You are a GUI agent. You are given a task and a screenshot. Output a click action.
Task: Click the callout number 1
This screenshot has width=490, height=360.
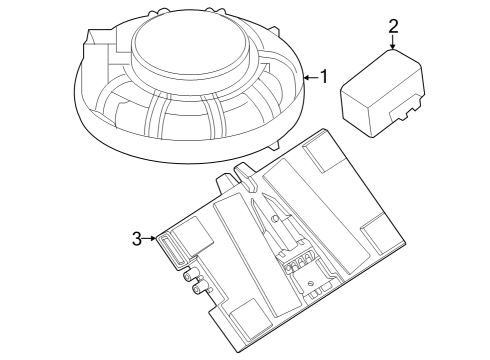point(323,76)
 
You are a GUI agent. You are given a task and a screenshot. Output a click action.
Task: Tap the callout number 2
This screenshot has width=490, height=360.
point(393,26)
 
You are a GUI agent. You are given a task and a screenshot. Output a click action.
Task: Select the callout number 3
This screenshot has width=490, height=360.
point(137,238)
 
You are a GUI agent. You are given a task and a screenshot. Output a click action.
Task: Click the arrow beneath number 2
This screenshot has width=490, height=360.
point(393,42)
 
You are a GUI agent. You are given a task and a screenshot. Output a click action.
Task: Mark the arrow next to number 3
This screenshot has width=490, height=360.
point(152,238)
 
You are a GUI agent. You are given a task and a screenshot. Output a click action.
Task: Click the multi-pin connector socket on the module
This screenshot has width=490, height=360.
point(299,265)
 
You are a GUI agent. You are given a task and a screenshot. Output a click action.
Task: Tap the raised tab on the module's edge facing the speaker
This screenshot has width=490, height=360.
point(243,177)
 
